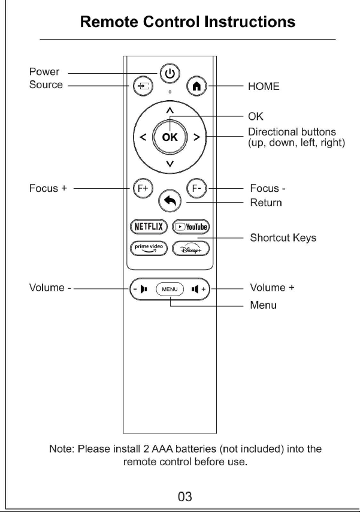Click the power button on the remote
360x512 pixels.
[170, 74]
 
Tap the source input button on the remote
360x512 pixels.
[143, 86]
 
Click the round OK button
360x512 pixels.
[170, 137]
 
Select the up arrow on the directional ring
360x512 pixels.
[170, 111]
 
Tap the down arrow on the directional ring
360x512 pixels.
[170, 164]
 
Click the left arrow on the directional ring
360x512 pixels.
[143, 137]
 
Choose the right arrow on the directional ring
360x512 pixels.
[196, 137]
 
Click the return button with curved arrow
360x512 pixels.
[170, 201]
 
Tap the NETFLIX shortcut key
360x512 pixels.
[149, 227]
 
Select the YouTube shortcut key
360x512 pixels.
[190, 227]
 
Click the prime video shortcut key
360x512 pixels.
[149, 248]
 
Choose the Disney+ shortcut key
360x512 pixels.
[190, 248]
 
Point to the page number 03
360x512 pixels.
[184, 496]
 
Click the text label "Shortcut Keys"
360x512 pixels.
[283, 237]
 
